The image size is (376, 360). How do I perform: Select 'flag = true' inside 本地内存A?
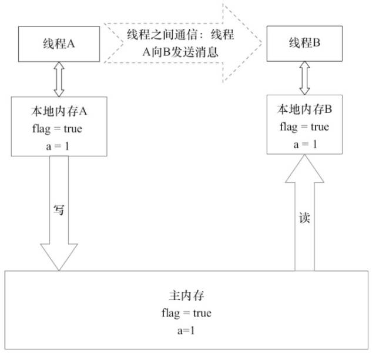click(x=58, y=128)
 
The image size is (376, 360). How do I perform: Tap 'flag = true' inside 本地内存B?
click(x=304, y=126)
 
